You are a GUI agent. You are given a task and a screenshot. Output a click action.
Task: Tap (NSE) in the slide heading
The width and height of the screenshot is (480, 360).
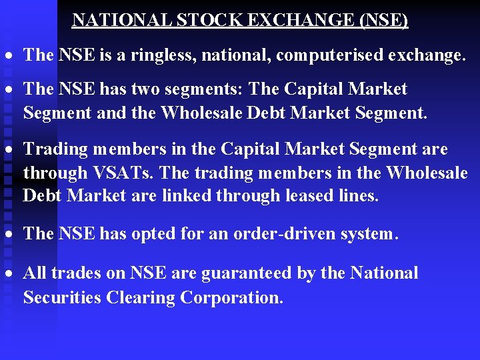383,20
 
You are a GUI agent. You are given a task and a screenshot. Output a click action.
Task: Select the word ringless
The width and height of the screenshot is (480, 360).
167,55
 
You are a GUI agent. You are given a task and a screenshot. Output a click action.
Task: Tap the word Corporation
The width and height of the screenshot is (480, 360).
233,297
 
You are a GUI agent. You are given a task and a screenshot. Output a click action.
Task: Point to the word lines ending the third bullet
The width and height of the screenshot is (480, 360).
360,197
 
